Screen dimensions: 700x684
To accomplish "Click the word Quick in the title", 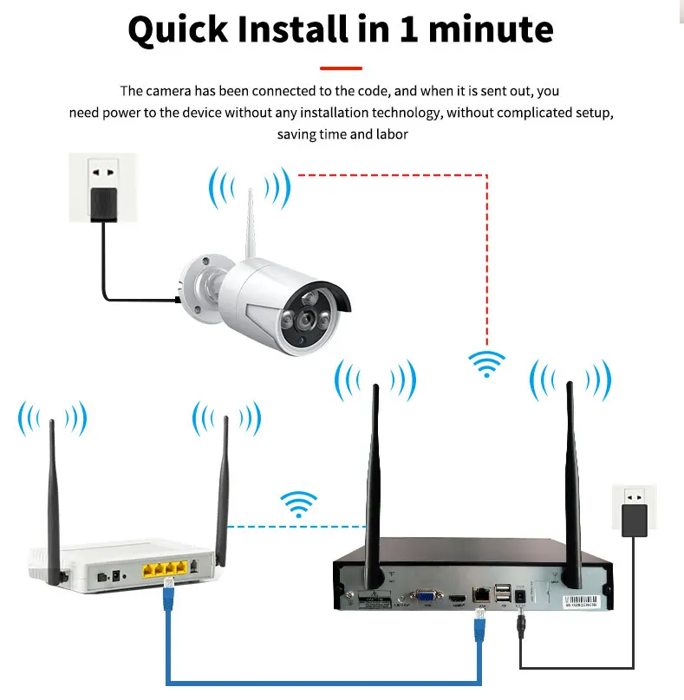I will pos(177,29).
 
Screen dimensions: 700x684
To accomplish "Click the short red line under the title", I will pos(341,68).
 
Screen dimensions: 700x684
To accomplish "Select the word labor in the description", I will pos(393,134).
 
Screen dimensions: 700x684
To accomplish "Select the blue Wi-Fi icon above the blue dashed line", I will pos(299,503).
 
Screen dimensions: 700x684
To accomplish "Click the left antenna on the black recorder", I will pos(375,485).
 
